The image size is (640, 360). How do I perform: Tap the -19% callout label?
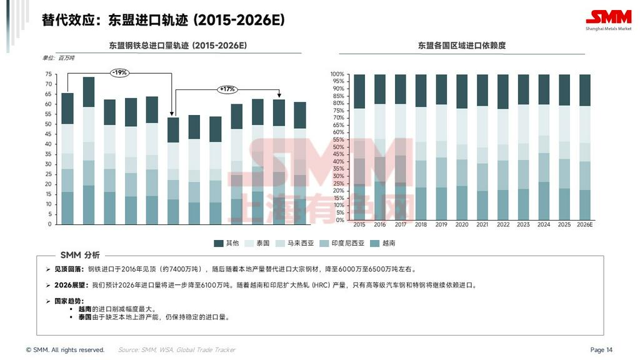[119, 72]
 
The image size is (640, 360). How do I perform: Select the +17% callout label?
[227, 89]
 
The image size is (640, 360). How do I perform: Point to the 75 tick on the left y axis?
[49, 74]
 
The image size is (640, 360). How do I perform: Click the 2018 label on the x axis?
[421, 225]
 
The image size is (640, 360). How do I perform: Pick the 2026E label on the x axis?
[584, 225]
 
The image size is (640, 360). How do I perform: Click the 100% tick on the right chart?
[337, 74]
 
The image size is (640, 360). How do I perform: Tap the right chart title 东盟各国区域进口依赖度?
[462, 46]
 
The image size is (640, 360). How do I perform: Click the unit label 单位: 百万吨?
[58, 58]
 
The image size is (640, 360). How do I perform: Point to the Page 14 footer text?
[601, 350]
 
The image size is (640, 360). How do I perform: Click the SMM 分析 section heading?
[80, 255]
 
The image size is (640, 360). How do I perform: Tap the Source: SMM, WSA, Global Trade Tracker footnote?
[177, 350]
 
